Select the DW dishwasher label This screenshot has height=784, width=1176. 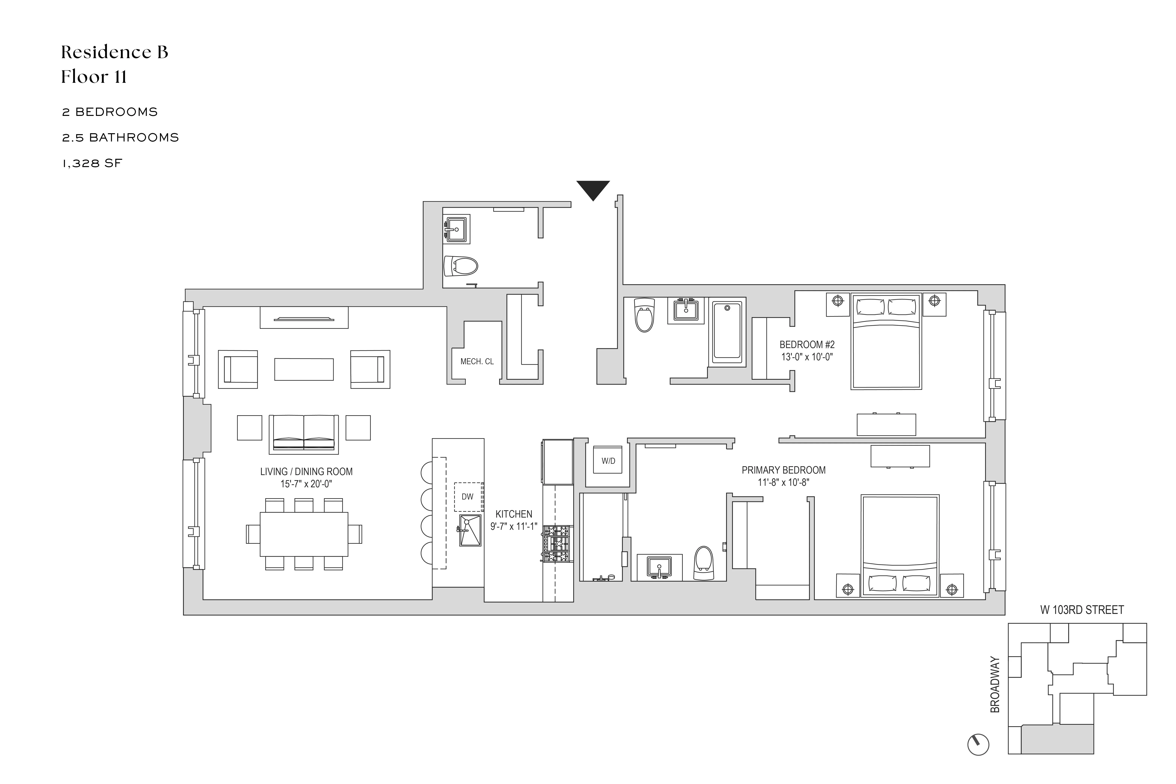point(468,497)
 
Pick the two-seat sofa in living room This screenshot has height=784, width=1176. point(304,433)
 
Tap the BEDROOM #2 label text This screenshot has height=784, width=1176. point(807,344)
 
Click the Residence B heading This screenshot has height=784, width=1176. point(115,52)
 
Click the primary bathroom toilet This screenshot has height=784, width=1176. point(704,563)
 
